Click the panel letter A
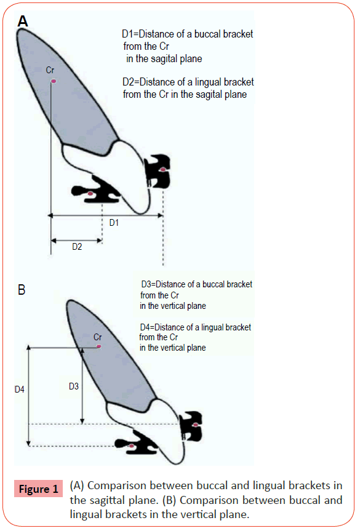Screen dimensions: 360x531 (23, 22)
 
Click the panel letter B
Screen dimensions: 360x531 (22, 290)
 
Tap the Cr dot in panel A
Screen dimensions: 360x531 (53, 81)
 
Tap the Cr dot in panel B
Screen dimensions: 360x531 (98, 346)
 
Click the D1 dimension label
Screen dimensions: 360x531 (114, 223)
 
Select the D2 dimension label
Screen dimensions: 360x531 (77, 247)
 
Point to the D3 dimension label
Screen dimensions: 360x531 (73, 386)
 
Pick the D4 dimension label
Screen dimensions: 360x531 (19, 389)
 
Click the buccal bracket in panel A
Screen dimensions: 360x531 (158, 170)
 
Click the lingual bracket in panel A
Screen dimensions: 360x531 (97, 190)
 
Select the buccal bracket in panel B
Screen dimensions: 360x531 (191, 426)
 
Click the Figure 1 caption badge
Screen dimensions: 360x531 (39, 489)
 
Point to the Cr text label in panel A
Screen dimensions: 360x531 (50, 70)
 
